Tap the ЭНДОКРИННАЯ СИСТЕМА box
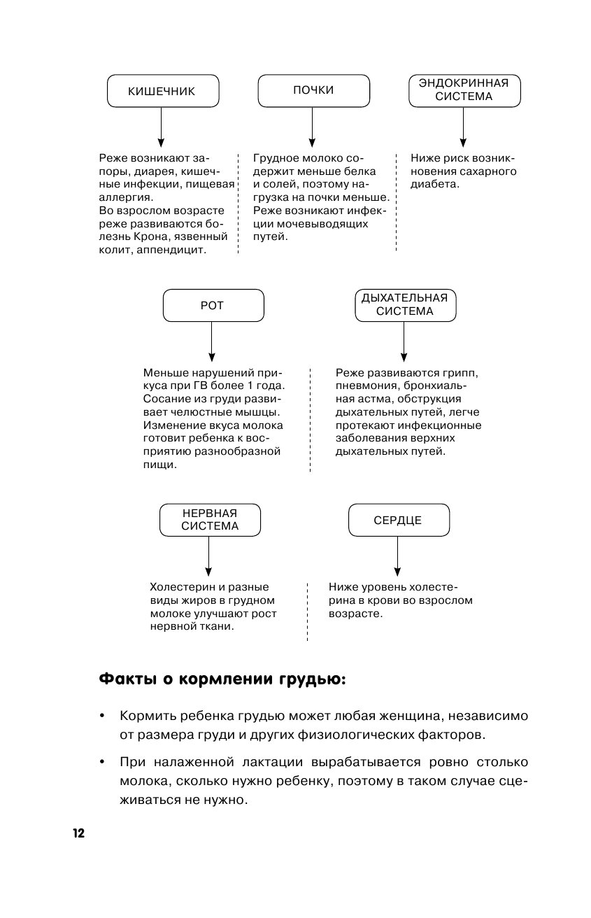pyautogui.click(x=464, y=90)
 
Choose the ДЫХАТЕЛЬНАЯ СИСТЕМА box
pyautogui.click(x=404, y=306)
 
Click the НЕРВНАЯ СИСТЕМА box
pyautogui.click(x=209, y=520)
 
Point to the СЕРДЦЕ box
pyautogui.click(x=397, y=521)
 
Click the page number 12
pyautogui.click(x=77, y=833)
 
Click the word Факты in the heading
pyautogui.click(x=125, y=679)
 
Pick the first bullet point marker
pyautogui.click(x=102, y=716)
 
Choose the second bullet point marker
pyautogui.click(x=102, y=762)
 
